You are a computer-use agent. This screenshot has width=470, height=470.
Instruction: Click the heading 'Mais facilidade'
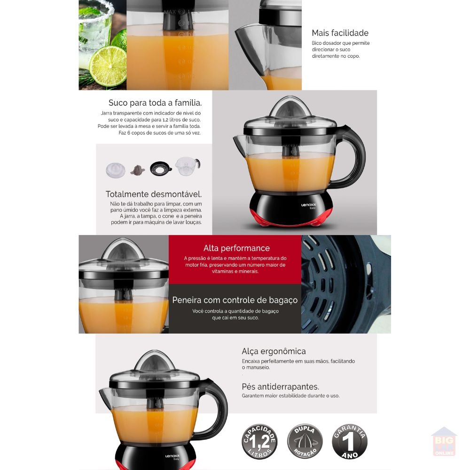(340, 33)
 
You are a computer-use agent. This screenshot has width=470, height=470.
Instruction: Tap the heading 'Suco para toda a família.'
(155, 103)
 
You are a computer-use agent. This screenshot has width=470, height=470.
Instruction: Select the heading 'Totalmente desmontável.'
(154, 194)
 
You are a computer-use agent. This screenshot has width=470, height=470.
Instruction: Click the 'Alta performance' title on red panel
(236, 248)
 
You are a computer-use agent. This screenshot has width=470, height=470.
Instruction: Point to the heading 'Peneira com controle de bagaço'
(235, 300)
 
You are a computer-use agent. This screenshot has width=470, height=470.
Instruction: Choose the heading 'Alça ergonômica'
(274, 351)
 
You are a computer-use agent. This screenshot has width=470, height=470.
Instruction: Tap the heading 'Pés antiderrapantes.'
(280, 387)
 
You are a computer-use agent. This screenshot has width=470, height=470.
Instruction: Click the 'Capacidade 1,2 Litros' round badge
(259, 441)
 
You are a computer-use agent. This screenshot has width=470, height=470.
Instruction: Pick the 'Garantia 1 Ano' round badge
(350, 441)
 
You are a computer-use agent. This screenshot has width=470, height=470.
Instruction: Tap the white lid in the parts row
(116, 170)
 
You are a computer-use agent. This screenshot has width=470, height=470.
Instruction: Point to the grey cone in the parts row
(138, 170)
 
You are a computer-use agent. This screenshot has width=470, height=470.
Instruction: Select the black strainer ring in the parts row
(161, 168)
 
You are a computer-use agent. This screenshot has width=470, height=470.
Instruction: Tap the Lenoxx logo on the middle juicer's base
(308, 205)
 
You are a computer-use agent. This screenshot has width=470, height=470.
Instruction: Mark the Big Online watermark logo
(444, 442)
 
